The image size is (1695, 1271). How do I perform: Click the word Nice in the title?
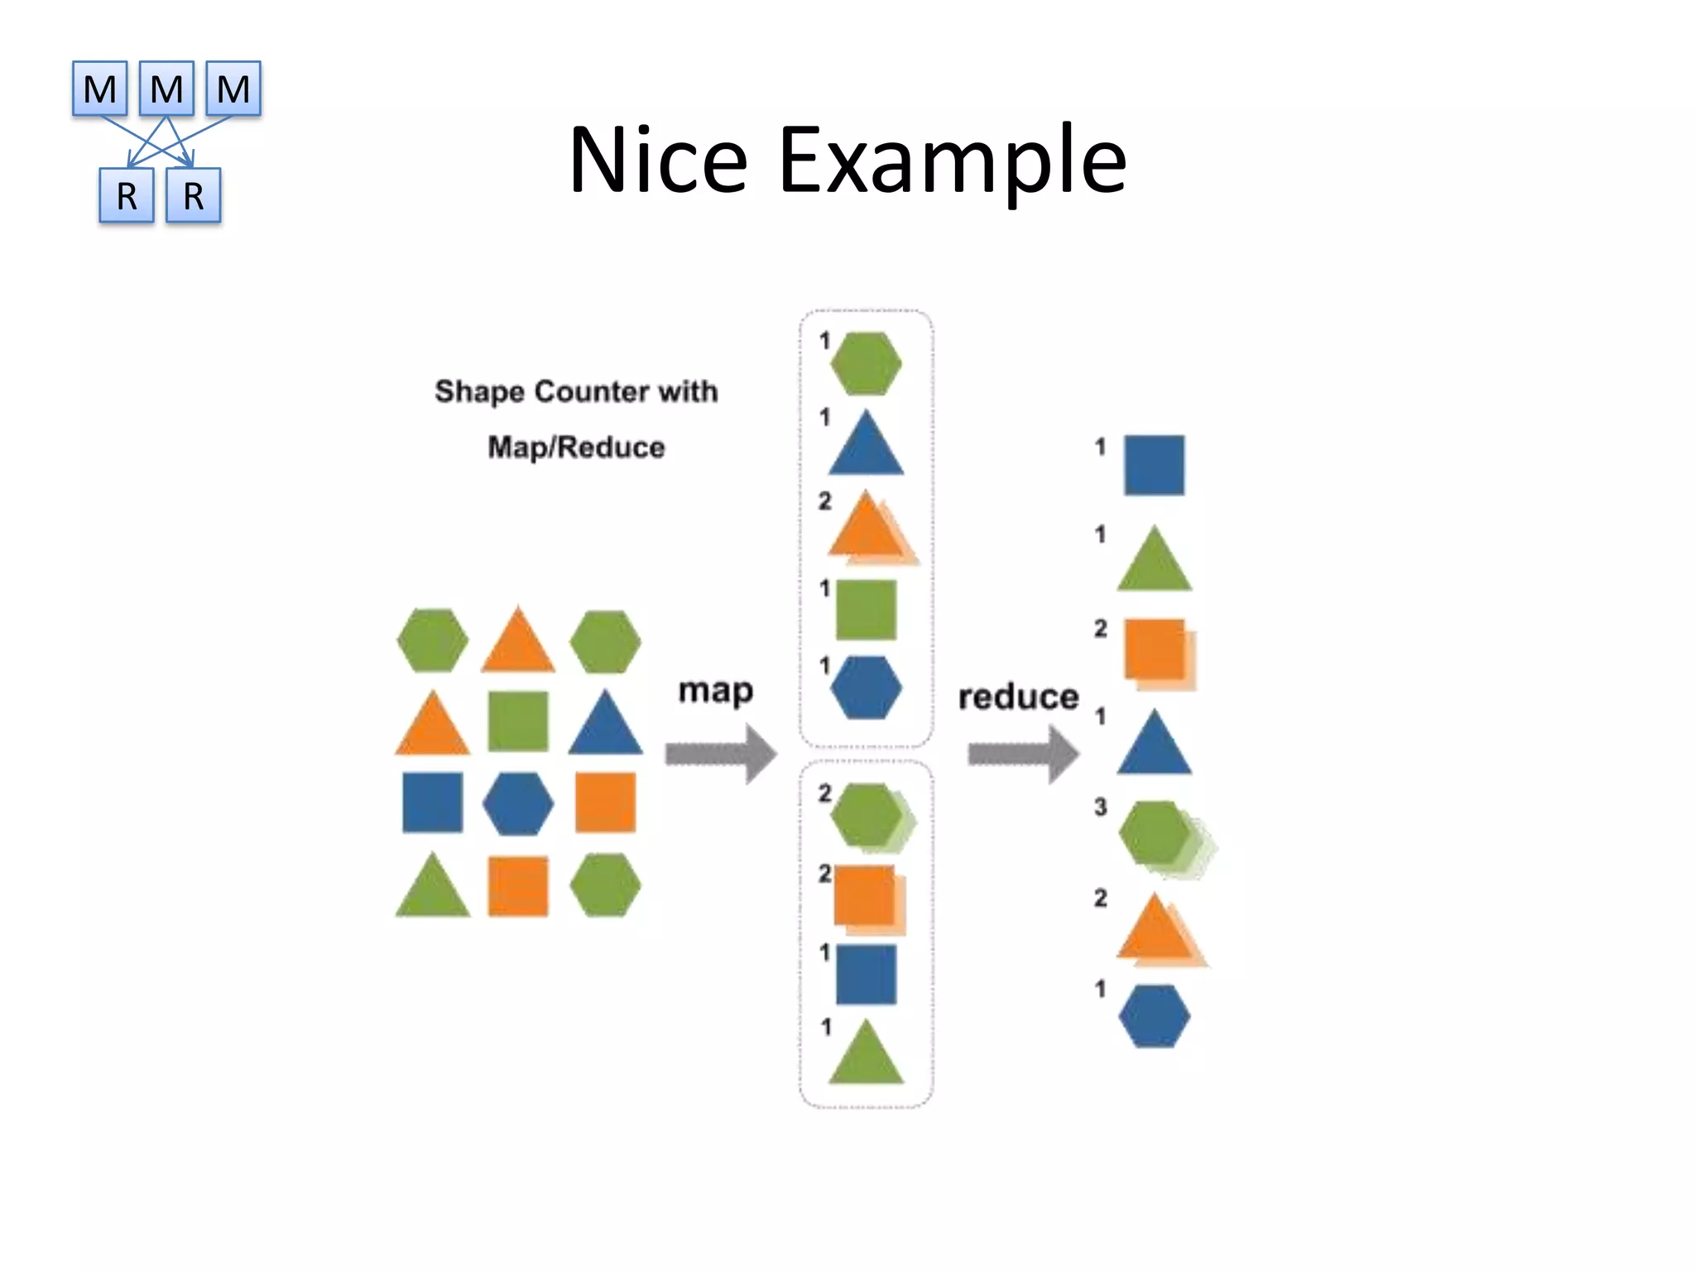[x=658, y=159]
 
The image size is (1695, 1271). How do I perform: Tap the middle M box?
[x=166, y=89]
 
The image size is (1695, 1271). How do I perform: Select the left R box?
[x=127, y=196]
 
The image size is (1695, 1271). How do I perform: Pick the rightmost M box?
[x=233, y=89]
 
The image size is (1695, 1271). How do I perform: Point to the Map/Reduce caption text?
[x=576, y=448]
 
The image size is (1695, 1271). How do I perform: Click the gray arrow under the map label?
[x=720, y=754]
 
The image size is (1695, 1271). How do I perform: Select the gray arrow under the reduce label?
[x=1023, y=754]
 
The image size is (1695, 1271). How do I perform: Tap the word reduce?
[x=1018, y=697]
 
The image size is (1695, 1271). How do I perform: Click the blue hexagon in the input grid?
[x=518, y=803]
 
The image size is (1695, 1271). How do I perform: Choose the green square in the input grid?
[x=518, y=721]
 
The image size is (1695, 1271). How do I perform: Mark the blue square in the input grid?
[x=432, y=803]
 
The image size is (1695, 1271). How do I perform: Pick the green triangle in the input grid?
[x=432, y=888]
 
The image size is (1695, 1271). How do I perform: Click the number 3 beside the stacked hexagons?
[x=1100, y=807]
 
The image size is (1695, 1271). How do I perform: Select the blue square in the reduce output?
[x=1154, y=465]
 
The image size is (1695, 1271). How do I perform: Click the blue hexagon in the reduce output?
[x=1154, y=1016]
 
